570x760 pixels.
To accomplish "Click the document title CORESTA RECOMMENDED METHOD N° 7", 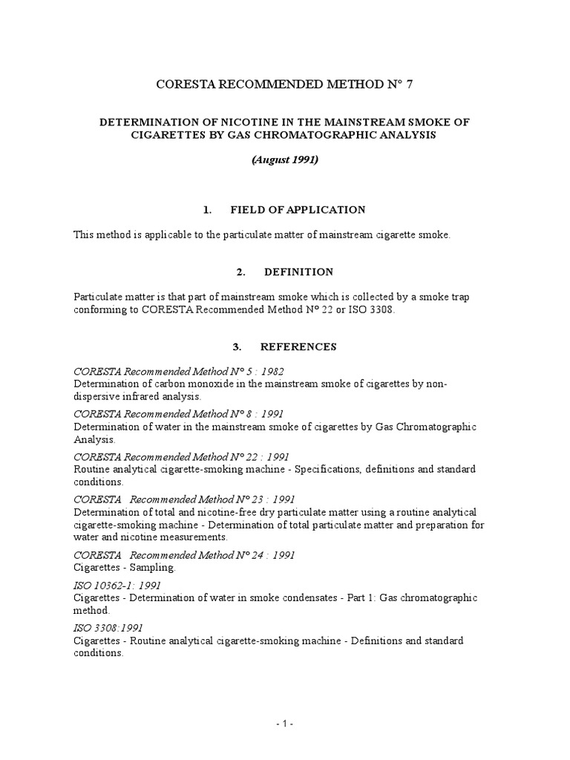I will [x=284, y=85].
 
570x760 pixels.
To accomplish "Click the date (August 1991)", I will [x=285, y=160].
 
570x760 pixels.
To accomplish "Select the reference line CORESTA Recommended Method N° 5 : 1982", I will [x=178, y=371].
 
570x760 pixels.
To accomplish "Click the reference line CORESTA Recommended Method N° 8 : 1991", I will [x=178, y=414].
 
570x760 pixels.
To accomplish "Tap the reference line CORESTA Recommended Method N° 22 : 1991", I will [x=181, y=457].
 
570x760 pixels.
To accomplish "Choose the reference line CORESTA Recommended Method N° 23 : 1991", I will [x=184, y=499].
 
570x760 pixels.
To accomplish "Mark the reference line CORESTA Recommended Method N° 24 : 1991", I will [x=184, y=554].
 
